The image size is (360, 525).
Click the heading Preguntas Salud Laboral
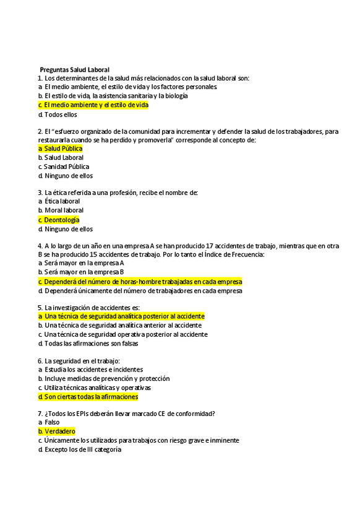pos(74,69)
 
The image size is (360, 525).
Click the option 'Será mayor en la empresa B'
pos(84,272)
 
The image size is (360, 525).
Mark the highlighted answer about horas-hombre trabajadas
pos(143,281)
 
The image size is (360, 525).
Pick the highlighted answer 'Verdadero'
pos(60,431)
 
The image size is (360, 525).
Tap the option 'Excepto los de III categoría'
pos(83,450)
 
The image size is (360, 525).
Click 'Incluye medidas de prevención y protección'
pos(107,378)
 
